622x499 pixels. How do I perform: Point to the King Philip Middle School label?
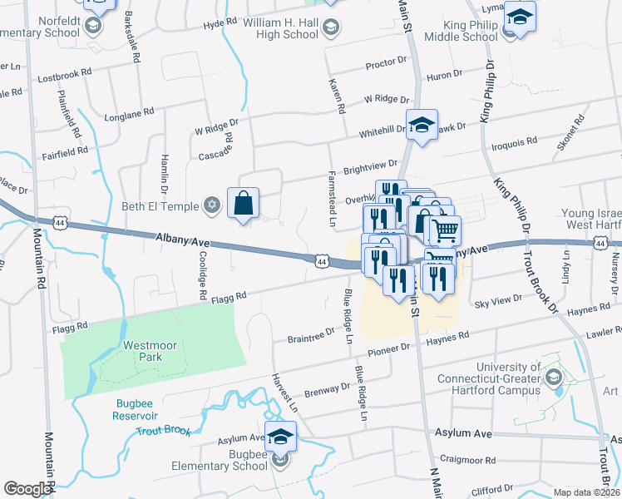tap(461, 31)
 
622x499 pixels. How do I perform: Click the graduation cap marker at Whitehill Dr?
tap(422, 126)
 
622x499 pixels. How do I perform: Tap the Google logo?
tap(27, 489)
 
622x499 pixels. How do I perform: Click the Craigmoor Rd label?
tap(467, 459)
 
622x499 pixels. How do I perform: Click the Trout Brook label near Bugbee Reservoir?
tap(164, 432)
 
